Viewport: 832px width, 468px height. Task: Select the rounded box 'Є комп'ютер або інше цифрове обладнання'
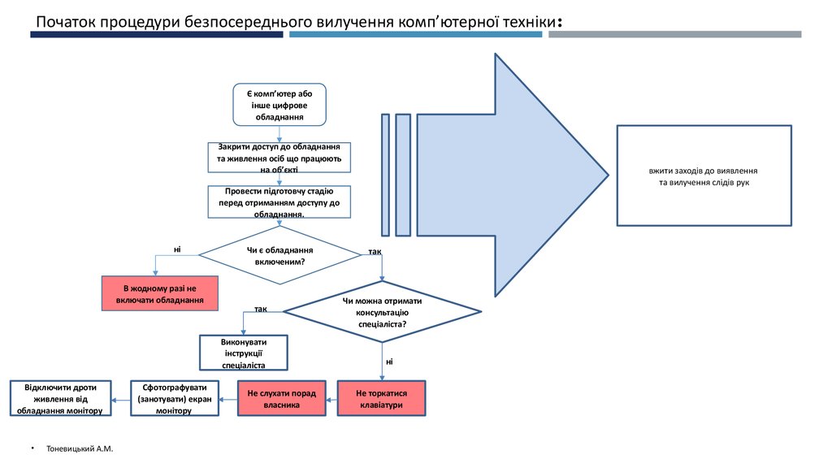tap(279, 105)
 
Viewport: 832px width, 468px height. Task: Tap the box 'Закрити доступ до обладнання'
tap(279, 158)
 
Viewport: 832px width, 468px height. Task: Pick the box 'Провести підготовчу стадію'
tap(279, 202)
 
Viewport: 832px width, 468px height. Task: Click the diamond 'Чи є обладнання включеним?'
tap(279, 255)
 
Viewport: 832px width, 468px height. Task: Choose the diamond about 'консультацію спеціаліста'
tap(382, 312)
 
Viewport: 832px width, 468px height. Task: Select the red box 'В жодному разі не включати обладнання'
tap(160, 293)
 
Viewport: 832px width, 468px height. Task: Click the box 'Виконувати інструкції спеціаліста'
tap(244, 353)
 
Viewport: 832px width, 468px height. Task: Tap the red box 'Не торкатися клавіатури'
tap(381, 398)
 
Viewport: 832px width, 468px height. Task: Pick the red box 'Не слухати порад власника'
tap(281, 398)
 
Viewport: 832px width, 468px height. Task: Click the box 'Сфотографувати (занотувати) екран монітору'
tap(175, 398)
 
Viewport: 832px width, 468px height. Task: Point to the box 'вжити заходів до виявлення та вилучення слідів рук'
tap(704, 175)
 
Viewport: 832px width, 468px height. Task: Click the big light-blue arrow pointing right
tap(520, 174)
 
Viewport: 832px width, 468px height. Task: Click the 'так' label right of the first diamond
tap(375, 251)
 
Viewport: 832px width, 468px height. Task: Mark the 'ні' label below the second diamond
tap(389, 360)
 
